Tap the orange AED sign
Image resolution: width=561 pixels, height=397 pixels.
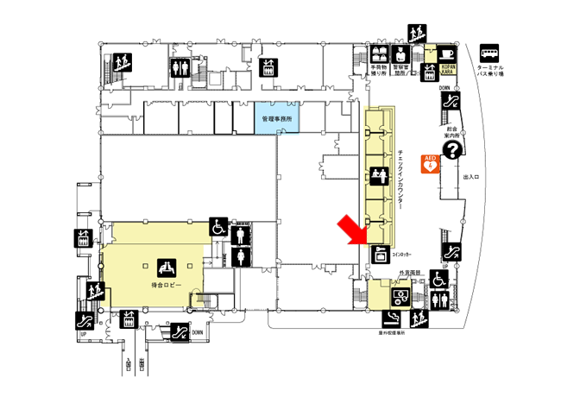point(429,162)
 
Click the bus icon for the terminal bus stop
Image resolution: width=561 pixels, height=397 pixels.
point(490,52)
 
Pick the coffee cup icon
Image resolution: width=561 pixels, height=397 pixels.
point(446,52)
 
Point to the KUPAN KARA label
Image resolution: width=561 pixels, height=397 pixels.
point(446,66)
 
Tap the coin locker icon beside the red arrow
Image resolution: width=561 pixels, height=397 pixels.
point(378,253)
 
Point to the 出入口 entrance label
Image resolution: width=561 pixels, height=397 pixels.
point(472,176)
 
